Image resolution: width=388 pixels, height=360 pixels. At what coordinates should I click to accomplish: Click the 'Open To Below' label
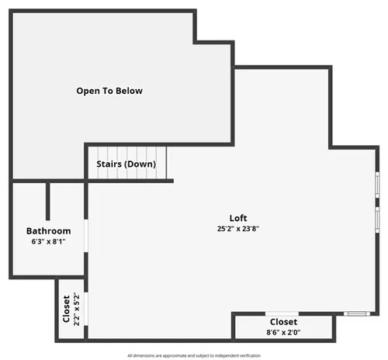point(109,91)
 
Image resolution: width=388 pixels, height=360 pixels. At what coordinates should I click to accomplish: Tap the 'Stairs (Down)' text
point(126,164)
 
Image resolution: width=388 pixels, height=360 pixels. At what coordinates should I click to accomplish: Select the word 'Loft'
point(238,218)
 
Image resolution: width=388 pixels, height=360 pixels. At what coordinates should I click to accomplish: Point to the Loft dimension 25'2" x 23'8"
point(238,229)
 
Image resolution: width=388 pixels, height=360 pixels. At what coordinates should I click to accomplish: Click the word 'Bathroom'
point(49,231)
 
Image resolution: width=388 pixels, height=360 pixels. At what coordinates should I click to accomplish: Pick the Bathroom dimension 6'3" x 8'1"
point(48,241)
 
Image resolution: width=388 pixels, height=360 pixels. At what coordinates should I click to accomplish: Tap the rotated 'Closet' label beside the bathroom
point(67,309)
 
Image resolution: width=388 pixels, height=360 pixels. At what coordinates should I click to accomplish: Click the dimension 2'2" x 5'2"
point(77,309)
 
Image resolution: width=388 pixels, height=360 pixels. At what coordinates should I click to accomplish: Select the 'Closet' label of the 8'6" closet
point(283,322)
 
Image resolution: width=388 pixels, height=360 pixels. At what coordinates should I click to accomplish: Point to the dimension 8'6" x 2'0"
point(283,332)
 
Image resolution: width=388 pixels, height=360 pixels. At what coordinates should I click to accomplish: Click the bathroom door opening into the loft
point(86,236)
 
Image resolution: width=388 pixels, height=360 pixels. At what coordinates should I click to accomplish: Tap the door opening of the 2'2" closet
point(86,309)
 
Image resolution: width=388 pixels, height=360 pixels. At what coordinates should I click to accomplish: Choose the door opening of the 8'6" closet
point(282,314)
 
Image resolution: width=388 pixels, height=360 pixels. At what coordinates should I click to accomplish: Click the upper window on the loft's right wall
point(377,185)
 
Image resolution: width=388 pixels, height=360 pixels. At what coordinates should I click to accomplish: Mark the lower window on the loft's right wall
point(377,220)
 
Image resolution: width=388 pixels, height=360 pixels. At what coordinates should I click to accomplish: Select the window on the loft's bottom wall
point(357,314)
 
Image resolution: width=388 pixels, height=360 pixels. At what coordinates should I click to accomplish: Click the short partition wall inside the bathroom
point(48,201)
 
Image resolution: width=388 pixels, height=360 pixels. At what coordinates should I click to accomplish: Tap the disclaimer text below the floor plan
point(194,355)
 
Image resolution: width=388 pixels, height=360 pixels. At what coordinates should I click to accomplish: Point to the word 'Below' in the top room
point(129,91)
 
